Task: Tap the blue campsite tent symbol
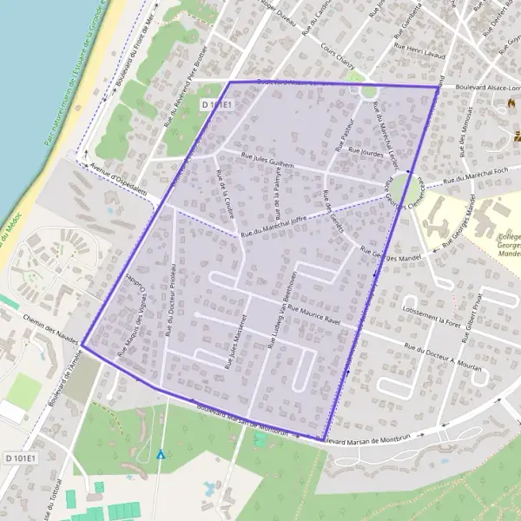pyautogui.click(x=160, y=453)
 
